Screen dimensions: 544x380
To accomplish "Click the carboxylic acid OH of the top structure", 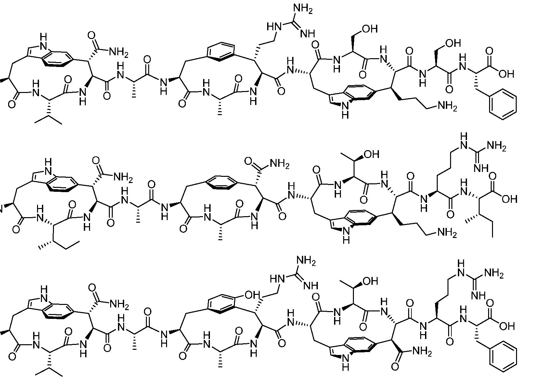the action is click(506, 74).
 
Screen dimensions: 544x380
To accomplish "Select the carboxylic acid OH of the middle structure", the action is click(509, 199).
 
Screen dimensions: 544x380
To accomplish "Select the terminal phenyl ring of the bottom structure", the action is click(503, 356).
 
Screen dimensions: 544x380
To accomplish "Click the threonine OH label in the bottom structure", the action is click(370, 281).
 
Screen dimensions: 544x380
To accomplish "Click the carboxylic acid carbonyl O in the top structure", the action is click(489, 51).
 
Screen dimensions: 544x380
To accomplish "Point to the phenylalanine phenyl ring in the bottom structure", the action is click(503, 356).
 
